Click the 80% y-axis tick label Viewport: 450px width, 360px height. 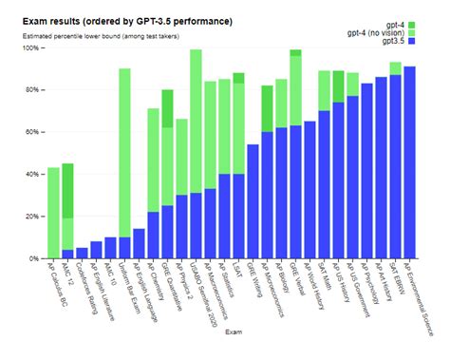click(x=31, y=90)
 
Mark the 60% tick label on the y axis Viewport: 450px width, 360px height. click(x=31, y=132)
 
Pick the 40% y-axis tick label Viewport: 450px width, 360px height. click(x=31, y=174)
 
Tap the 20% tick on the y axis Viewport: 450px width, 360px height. click(x=31, y=217)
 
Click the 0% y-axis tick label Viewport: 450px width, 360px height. click(x=33, y=258)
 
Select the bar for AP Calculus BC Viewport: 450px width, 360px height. click(x=53, y=213)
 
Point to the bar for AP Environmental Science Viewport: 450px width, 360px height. click(x=409, y=162)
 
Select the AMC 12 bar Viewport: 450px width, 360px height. click(x=67, y=209)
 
